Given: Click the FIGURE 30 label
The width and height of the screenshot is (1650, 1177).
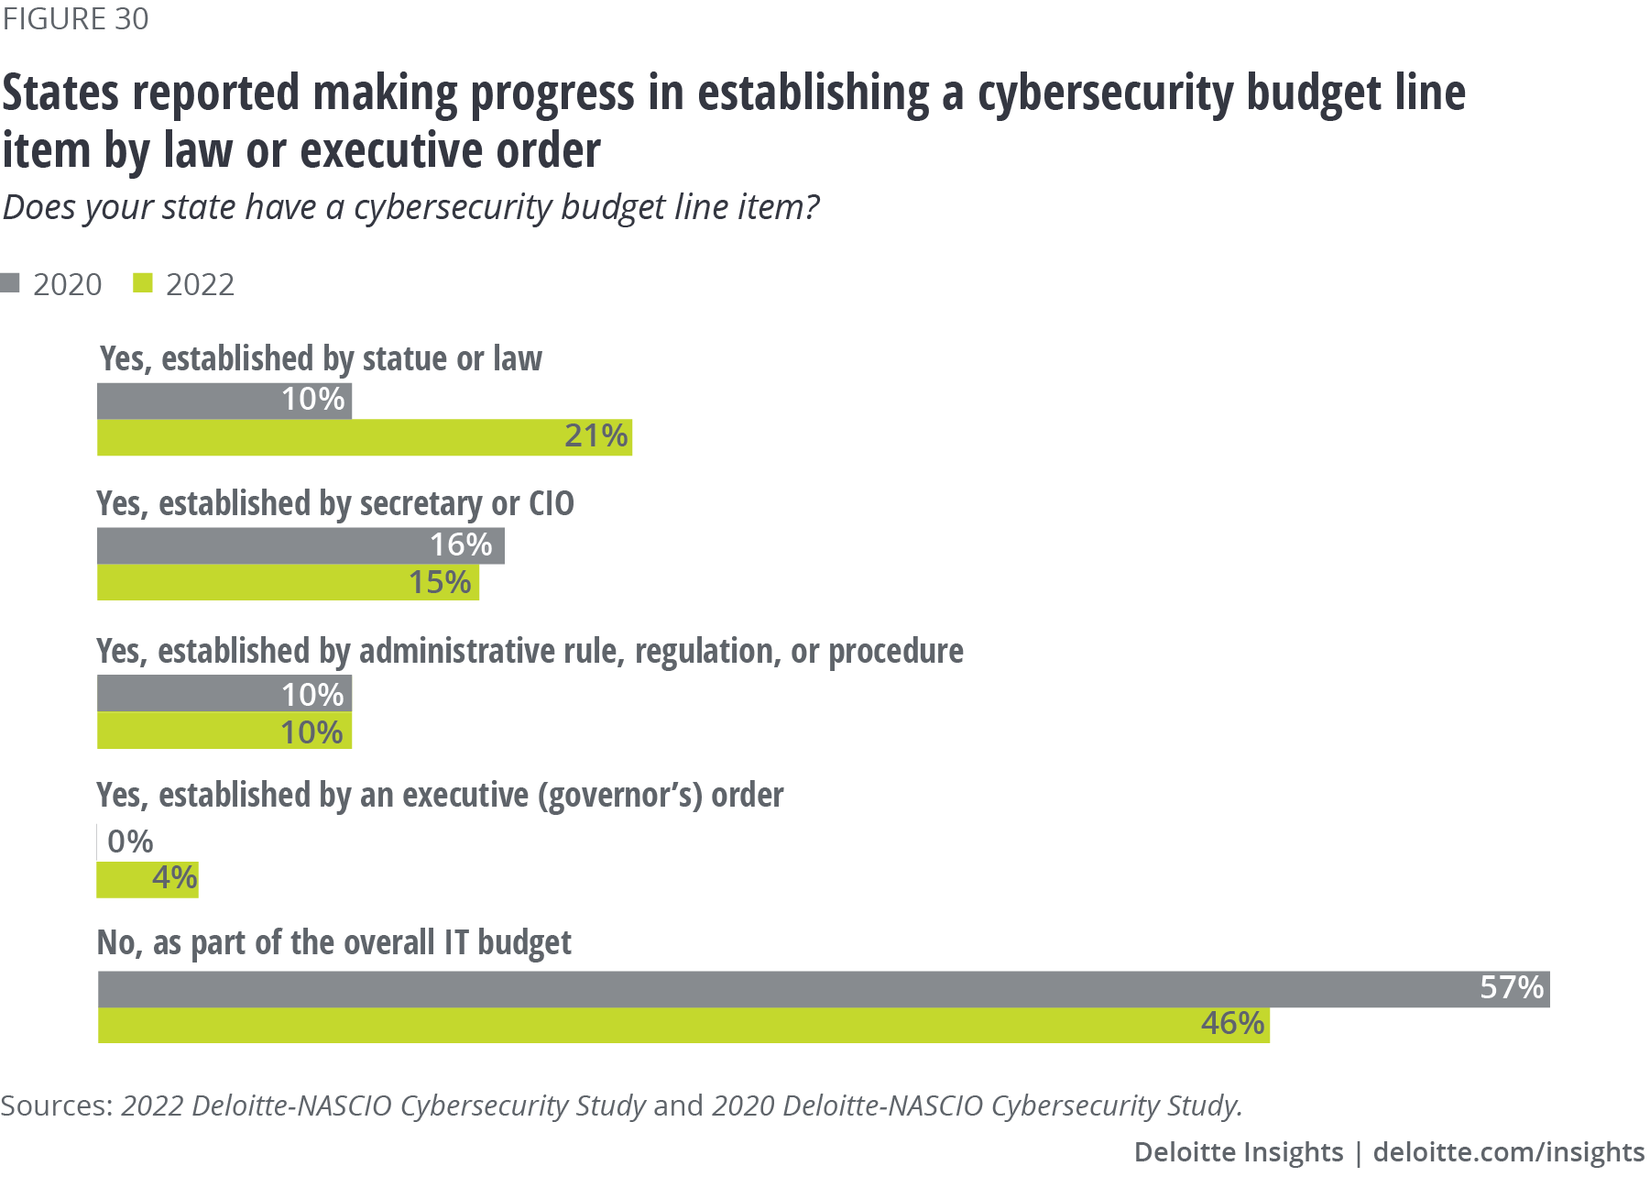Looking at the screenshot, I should tap(75, 19).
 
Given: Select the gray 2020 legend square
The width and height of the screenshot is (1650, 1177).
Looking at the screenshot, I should tap(10, 283).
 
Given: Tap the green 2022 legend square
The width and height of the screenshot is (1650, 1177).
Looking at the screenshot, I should tap(142, 283).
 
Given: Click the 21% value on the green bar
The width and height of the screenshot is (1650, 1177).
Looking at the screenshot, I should tap(596, 436).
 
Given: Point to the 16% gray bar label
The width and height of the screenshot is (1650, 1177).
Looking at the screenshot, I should tap(461, 545).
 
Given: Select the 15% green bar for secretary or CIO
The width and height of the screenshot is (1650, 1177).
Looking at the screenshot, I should tap(288, 583).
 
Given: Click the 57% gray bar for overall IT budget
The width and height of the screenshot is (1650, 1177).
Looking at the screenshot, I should tap(824, 989).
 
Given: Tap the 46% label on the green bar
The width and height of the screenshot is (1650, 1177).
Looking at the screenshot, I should tap(1232, 1024).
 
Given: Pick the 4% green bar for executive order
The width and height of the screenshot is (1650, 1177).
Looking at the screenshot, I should tap(148, 880).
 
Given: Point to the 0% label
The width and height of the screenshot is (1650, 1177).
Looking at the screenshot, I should tap(130, 841).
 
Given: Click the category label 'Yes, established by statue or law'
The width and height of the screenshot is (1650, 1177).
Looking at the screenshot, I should tap(321, 358).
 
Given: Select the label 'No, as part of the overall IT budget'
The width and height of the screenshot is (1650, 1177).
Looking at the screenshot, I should tap(333, 942).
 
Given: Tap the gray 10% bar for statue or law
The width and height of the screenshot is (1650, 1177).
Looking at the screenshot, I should tap(224, 401).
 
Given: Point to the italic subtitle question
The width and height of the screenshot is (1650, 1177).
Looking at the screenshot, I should tap(410, 207).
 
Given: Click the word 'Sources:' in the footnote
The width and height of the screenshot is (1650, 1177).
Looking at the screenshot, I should tap(57, 1105).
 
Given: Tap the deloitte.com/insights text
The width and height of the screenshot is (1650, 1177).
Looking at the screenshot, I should tap(1508, 1152).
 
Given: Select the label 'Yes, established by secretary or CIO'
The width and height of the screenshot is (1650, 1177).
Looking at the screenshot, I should tap(335, 504).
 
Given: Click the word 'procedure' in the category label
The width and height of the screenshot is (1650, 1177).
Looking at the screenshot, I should tap(895, 651).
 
